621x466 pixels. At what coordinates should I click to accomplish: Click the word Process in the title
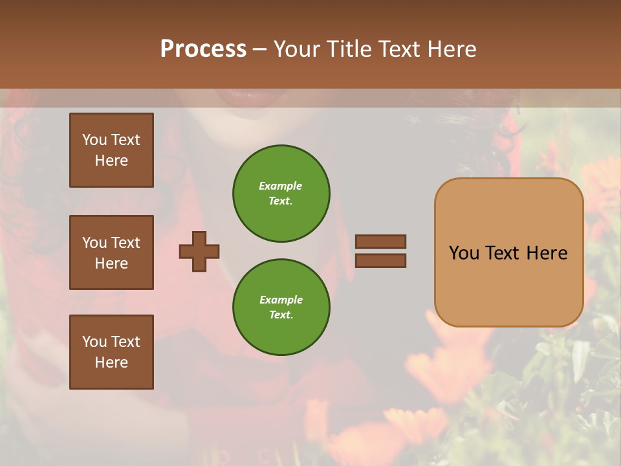click(x=203, y=49)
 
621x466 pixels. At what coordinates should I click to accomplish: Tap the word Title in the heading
click(x=349, y=49)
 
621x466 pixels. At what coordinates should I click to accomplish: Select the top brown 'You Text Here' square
click(x=111, y=150)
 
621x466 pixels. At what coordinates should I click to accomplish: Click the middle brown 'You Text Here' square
click(x=111, y=252)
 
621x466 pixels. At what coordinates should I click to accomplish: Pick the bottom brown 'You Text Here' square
click(x=111, y=351)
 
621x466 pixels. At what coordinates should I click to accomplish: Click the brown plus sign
click(x=199, y=251)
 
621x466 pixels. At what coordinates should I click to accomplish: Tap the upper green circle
click(x=281, y=194)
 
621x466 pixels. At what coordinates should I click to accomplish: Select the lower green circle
click(x=281, y=307)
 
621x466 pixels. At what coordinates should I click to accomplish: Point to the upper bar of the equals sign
click(x=380, y=242)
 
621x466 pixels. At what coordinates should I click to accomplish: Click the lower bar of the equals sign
click(x=380, y=260)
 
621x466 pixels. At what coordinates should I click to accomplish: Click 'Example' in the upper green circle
click(x=280, y=186)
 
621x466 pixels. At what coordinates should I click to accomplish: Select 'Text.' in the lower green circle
click(x=281, y=315)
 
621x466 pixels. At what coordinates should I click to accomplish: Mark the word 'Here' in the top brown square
click(x=111, y=161)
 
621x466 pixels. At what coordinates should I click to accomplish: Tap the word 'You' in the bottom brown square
click(x=94, y=342)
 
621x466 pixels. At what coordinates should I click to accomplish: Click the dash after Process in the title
click(x=260, y=50)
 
